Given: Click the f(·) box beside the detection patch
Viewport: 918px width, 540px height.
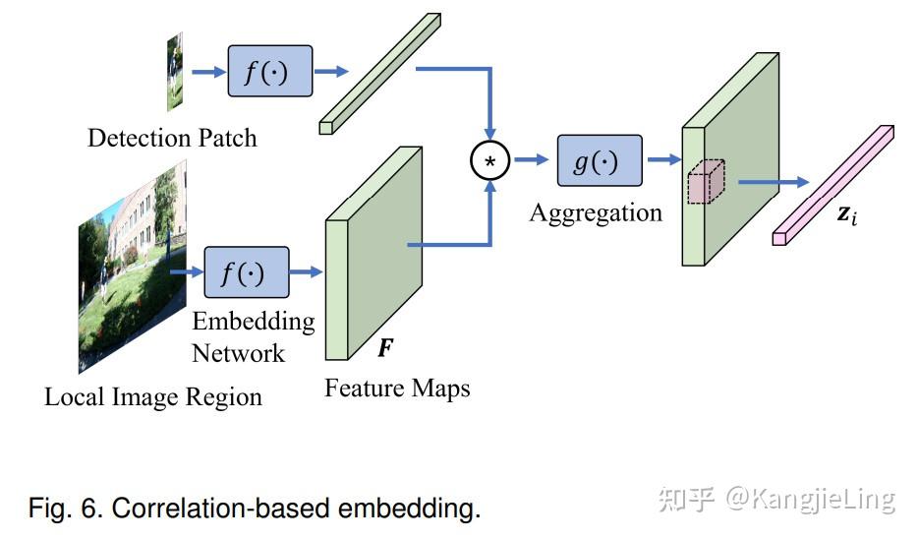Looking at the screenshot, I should [269, 71].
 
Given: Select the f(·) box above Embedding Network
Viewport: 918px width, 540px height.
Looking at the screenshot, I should [246, 272].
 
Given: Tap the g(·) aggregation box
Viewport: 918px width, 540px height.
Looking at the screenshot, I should [599, 160].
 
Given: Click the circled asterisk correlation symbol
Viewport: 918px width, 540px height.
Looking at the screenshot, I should [489, 161].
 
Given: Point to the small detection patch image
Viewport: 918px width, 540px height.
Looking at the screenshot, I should [175, 71].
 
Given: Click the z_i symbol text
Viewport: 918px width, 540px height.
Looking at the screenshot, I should [847, 213].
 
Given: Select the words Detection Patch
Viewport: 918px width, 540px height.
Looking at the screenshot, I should [172, 138].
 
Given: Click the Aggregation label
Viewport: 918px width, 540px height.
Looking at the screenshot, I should [596, 213].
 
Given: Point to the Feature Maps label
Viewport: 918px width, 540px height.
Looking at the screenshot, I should [397, 389].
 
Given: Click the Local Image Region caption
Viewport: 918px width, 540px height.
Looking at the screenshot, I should [153, 397].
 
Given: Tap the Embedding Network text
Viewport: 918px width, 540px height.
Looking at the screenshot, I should [253, 337].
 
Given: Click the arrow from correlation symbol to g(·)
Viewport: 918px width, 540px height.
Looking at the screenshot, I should [531, 160].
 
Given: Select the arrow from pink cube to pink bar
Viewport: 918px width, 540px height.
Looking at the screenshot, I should [773, 182].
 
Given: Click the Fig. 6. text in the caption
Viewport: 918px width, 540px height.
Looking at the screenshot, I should [66, 509].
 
